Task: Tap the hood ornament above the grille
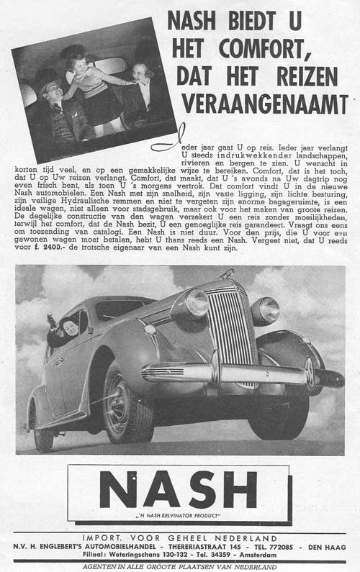point(228,274)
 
